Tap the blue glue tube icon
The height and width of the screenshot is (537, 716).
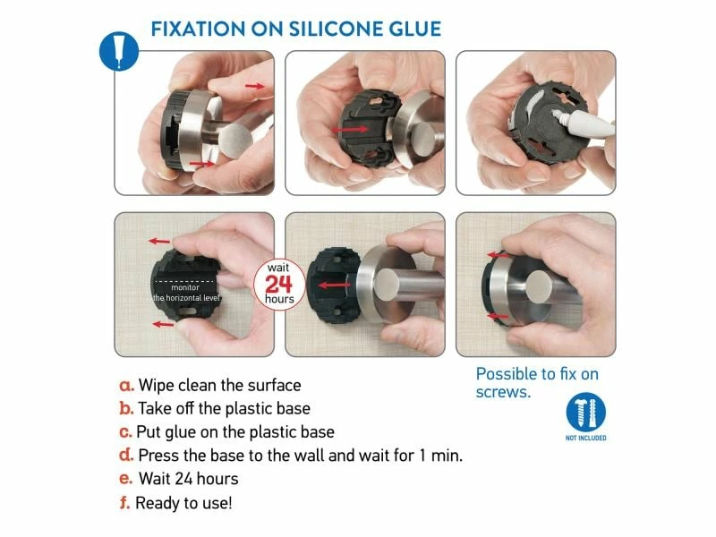pyautogui.click(x=119, y=51)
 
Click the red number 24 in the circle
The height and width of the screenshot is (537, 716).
pyautogui.click(x=278, y=284)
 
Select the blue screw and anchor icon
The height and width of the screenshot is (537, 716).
pyautogui.click(x=586, y=412)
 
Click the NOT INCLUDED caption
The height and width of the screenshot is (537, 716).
pyautogui.click(x=586, y=438)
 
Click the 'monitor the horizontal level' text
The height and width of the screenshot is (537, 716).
pyautogui.click(x=186, y=293)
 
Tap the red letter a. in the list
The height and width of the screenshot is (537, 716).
pyautogui.click(x=126, y=386)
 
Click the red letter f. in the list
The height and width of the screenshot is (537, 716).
pyautogui.click(x=124, y=503)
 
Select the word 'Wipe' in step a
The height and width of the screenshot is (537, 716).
pyautogui.click(x=156, y=386)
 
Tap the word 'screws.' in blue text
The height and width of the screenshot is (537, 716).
pyautogui.click(x=503, y=392)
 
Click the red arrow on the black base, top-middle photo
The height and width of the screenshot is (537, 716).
pyautogui.click(x=350, y=130)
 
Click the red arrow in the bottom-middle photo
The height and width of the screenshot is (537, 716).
pyautogui.click(x=334, y=286)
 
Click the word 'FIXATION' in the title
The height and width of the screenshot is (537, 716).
pyautogui.click(x=198, y=29)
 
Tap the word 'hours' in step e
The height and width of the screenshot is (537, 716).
pyautogui.click(x=217, y=479)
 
